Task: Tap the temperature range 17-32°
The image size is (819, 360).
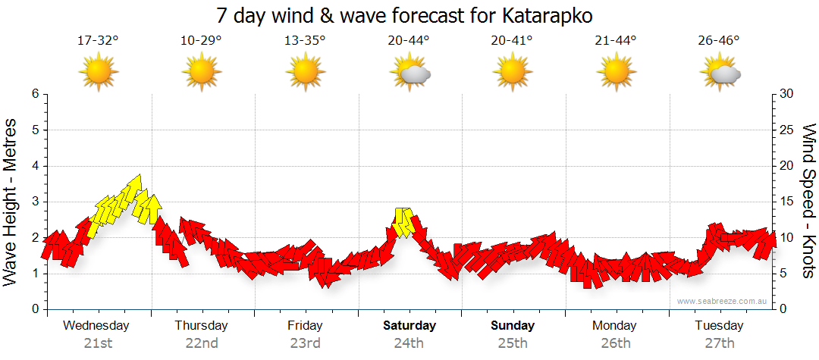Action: tap(98, 41)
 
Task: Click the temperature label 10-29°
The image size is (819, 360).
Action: tap(201, 41)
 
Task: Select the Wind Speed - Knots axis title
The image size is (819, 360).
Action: tap(808, 201)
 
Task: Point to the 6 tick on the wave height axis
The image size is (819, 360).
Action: tap(34, 94)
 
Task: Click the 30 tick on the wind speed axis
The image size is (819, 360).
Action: tap(786, 94)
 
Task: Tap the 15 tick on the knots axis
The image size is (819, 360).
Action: tap(786, 202)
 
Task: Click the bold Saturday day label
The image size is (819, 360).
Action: tap(409, 326)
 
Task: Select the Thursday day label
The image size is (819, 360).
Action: tap(201, 326)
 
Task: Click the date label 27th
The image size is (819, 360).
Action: tap(720, 343)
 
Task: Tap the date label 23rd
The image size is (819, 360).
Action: tap(305, 343)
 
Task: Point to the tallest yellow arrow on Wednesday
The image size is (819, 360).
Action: tap(134, 189)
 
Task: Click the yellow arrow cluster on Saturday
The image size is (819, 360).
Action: tap(403, 221)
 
